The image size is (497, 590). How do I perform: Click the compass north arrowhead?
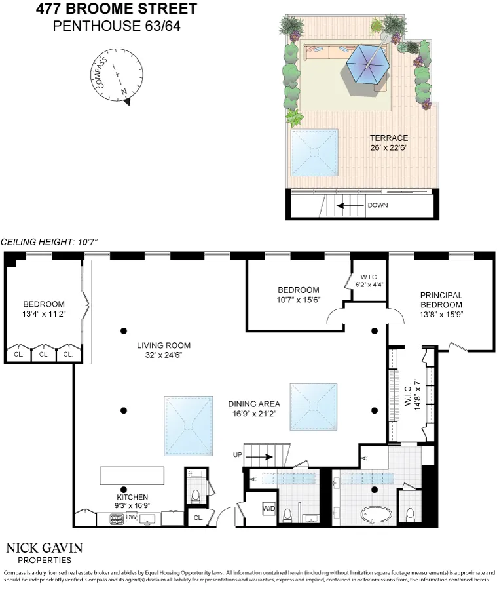click(x=126, y=101)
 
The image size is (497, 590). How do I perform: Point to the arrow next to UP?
click(x=259, y=457)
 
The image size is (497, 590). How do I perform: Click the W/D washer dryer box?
click(x=269, y=509)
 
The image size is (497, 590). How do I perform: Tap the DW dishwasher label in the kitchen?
click(x=131, y=517)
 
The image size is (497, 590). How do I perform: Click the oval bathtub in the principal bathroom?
click(x=377, y=515)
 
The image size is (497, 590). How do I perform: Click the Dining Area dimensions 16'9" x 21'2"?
click(x=254, y=414)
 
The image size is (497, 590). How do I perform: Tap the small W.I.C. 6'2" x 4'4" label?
click(x=369, y=281)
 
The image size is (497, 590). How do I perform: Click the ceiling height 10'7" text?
click(x=49, y=242)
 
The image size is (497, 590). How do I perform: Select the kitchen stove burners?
click(x=117, y=519)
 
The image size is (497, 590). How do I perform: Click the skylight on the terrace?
click(x=314, y=152)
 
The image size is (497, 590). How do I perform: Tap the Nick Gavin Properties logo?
click(x=45, y=553)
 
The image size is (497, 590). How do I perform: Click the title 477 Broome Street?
click(x=117, y=9)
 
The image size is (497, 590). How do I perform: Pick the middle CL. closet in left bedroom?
click(x=44, y=354)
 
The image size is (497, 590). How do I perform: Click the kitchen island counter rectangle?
click(x=132, y=476)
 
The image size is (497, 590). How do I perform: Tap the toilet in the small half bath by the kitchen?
click(x=196, y=497)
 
